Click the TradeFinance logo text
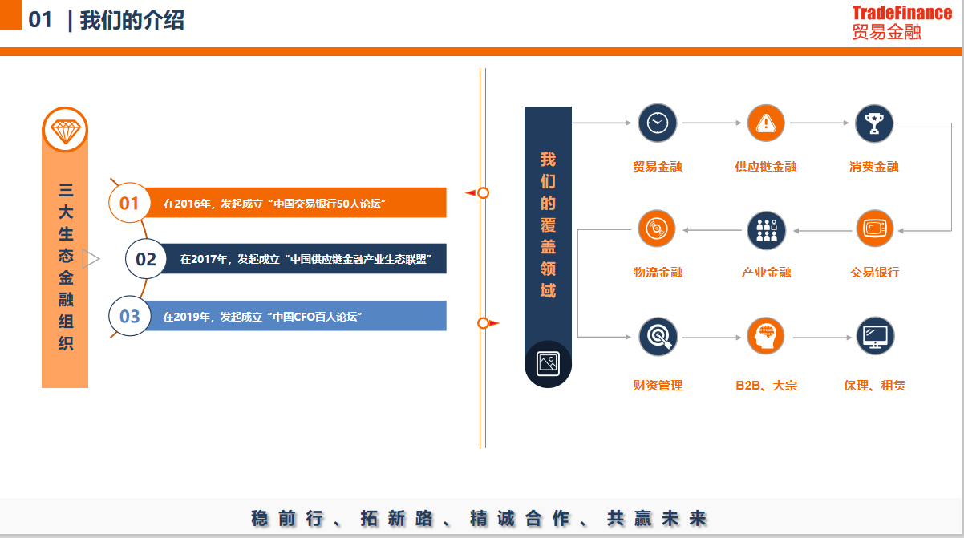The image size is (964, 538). point(901,13)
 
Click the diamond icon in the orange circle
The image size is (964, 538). point(65,129)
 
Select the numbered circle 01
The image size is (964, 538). point(129,203)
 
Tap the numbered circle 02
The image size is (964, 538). point(146,259)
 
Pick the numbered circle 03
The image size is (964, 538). point(129,316)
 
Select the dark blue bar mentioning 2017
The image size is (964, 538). point(305,259)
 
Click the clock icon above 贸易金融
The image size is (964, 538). point(658,123)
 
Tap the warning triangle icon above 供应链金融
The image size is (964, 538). point(766,123)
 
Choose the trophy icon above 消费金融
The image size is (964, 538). point(874,123)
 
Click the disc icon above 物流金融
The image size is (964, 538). point(658,229)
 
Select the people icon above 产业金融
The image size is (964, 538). point(766,230)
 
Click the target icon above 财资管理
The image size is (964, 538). point(658,337)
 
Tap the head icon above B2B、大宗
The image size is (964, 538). point(766,337)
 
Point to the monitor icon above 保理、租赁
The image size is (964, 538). point(875,337)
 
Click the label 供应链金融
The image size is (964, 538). point(766,167)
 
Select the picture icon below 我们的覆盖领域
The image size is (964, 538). point(548,362)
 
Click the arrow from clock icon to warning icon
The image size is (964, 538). point(711,123)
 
